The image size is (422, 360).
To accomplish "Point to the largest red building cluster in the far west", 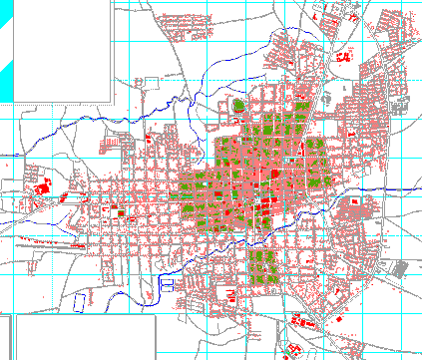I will pyautogui.click(x=43, y=186).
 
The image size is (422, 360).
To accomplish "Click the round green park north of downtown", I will pyautogui.click(x=238, y=104).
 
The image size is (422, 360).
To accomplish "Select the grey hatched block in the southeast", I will pyautogui.click(x=400, y=268).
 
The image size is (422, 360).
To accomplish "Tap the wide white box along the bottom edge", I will pyautogui.click(x=86, y=338).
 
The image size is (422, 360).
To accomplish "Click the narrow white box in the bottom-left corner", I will pyautogui.click(x=6, y=338).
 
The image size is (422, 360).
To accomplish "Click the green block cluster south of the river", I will pyautogui.click(x=263, y=264).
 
